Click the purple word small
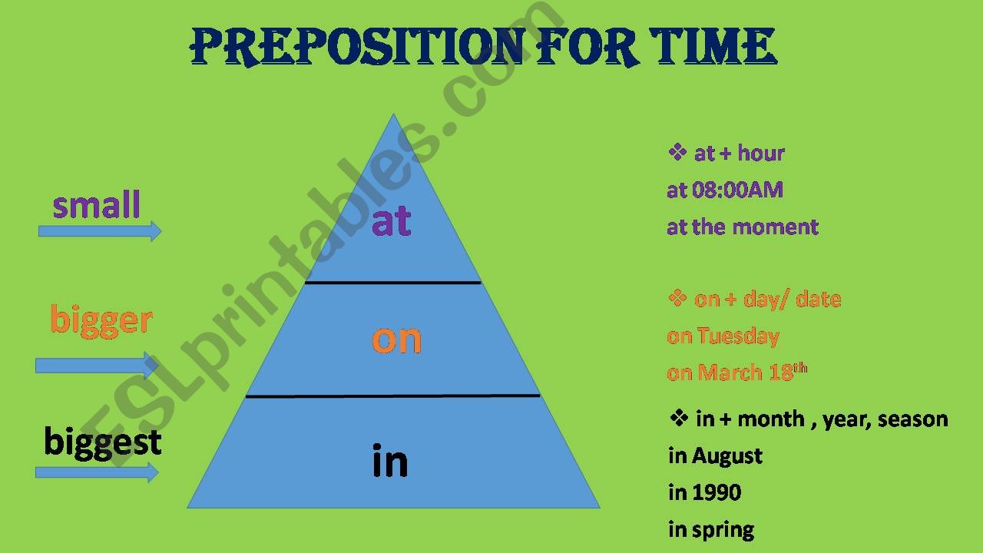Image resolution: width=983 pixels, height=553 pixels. coord(97,206)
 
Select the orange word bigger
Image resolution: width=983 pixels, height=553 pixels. coord(101,320)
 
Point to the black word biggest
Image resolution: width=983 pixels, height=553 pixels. coord(103,442)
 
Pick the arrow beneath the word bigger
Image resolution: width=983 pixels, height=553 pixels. coord(97,365)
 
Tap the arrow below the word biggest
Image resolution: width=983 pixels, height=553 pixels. coord(97,472)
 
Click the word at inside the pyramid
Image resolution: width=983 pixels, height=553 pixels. coord(392,222)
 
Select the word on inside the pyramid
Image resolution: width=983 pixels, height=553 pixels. coord(396,339)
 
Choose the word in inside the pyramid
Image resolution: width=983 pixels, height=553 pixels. coord(389,461)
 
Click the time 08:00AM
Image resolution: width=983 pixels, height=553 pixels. coord(736,190)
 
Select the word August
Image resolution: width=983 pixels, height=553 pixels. coord(727,455)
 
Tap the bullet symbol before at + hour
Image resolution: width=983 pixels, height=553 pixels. coord(677,152)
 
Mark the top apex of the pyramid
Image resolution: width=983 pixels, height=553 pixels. coord(393,115)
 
